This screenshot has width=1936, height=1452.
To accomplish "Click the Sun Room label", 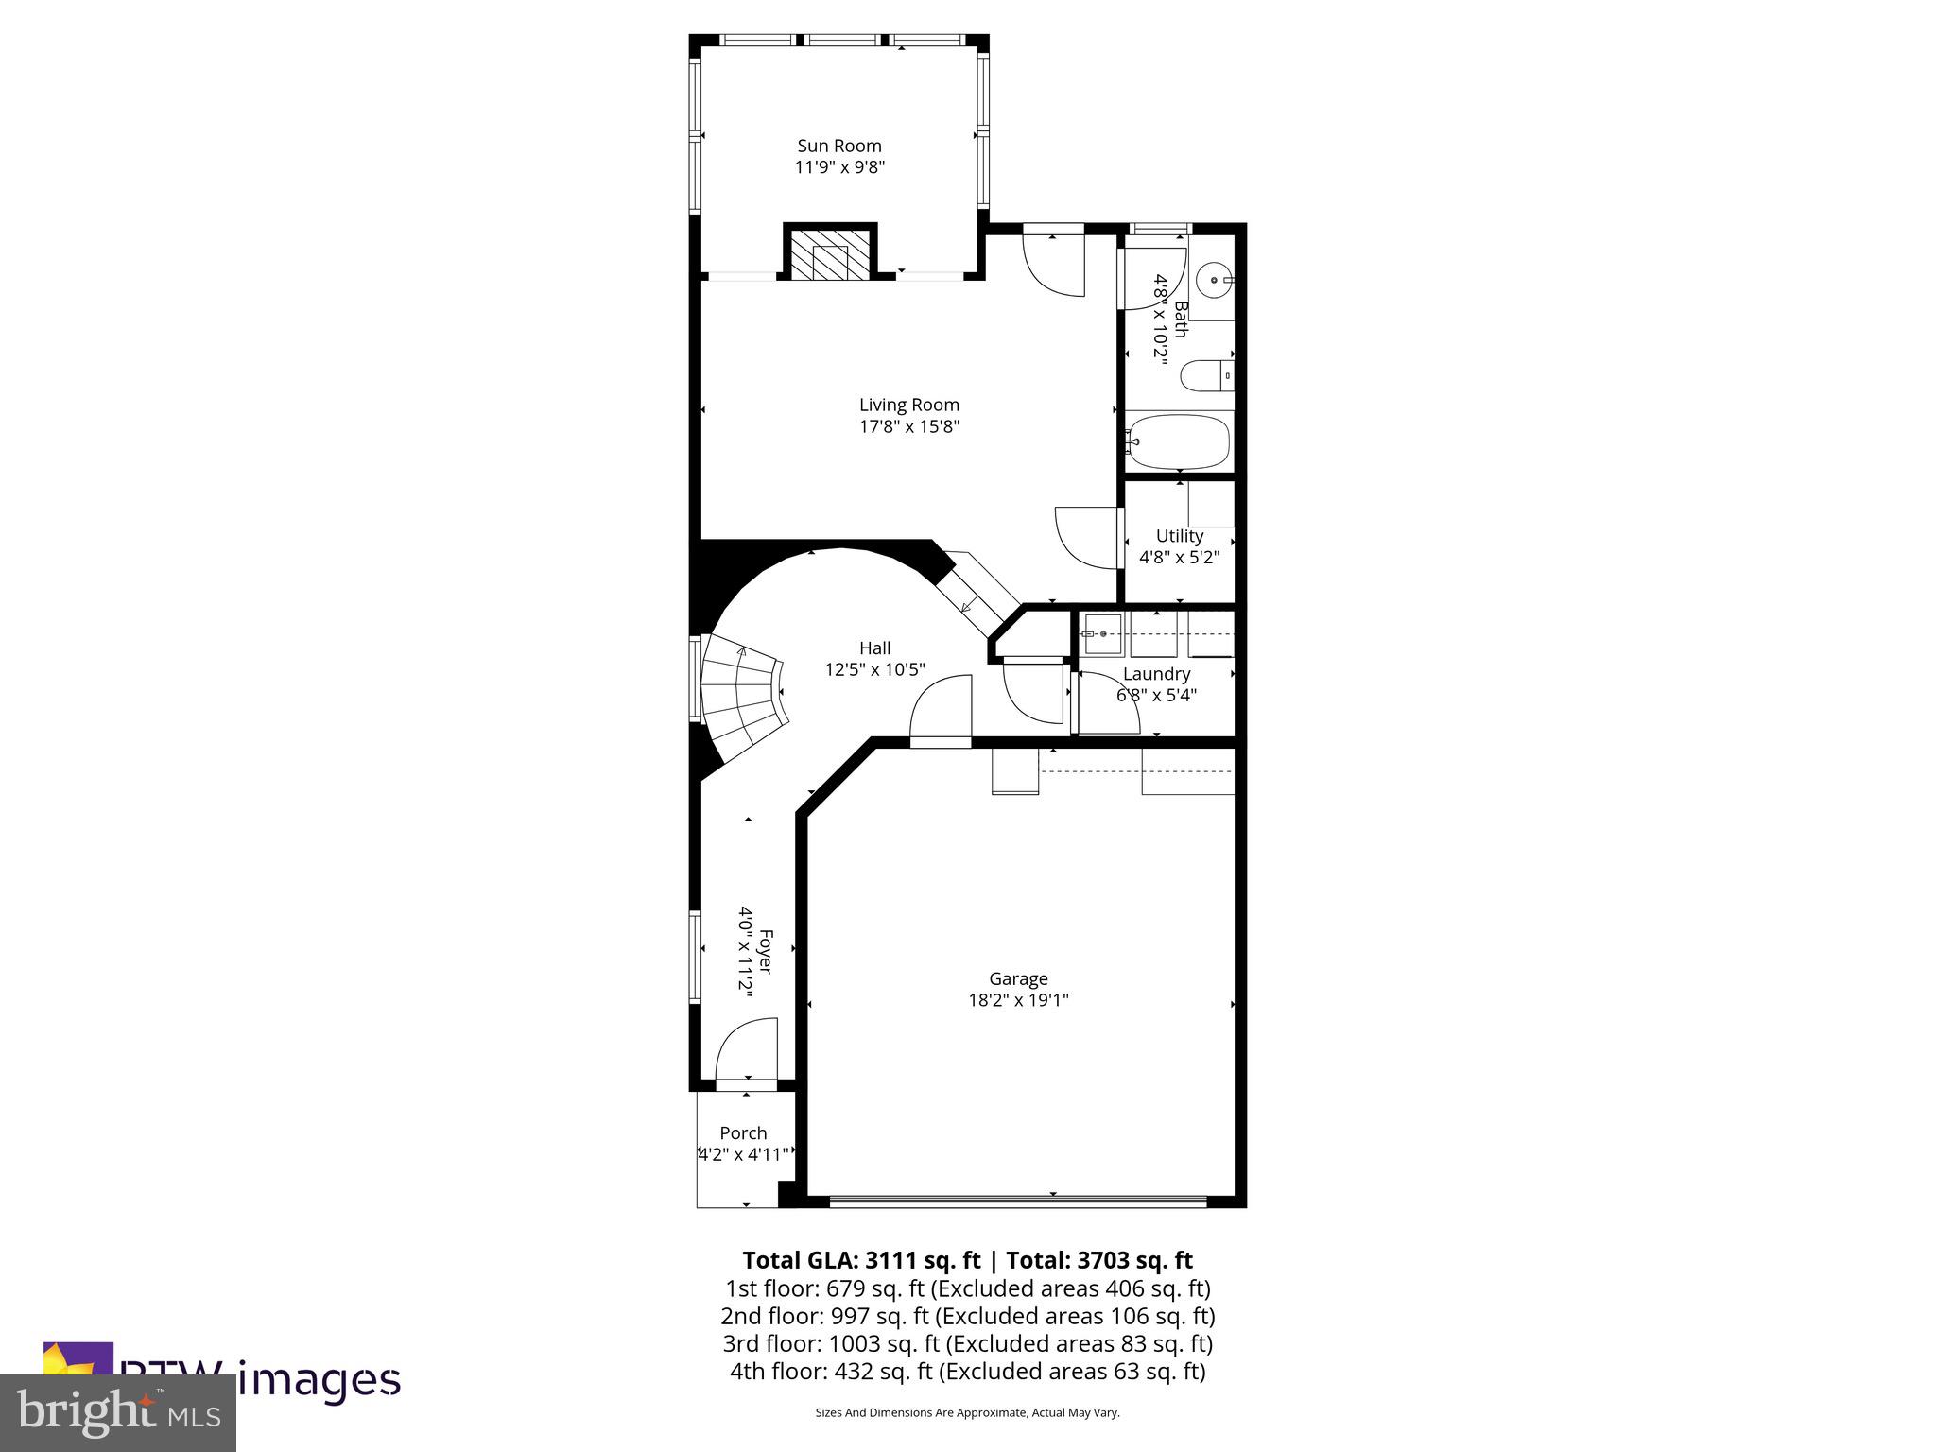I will (839, 146).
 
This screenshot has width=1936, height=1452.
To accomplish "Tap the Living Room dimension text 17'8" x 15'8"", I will (908, 426).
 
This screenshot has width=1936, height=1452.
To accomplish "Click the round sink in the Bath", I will (1214, 281).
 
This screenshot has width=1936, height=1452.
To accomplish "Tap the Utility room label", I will (1179, 536).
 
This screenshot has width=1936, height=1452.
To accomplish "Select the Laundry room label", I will (1155, 674).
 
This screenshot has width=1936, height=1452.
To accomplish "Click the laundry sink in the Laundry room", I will (1102, 634).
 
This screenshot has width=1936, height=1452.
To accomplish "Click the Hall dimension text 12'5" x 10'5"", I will (874, 670).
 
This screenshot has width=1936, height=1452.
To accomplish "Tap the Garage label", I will (1018, 978).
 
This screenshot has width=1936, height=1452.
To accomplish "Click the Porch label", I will (743, 1132).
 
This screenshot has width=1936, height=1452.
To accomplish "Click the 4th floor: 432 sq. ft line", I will (967, 1371).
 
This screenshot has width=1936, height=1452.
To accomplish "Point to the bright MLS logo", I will (117, 1413).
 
